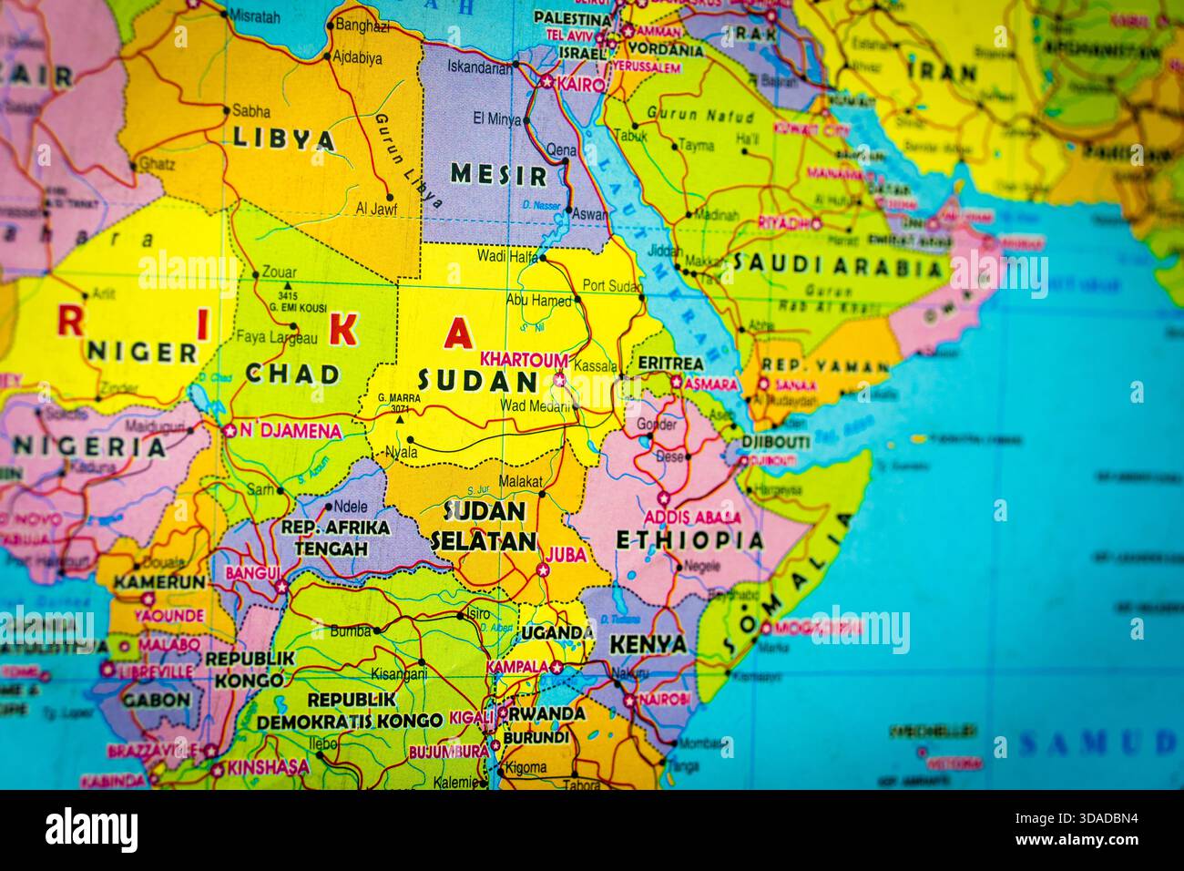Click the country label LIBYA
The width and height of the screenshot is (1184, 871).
click(284, 139)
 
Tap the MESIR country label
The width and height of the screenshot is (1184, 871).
click(498, 174)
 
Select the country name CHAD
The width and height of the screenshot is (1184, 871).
click(292, 374)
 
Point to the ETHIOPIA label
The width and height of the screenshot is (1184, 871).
click(689, 539)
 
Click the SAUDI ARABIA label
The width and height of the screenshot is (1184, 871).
click(837, 267)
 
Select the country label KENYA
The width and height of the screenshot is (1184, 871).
click(648, 644)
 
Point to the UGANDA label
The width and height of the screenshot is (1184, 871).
click(556, 632)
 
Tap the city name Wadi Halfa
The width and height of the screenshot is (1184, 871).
click(507, 256)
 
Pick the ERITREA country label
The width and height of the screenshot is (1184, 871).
click(670, 364)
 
